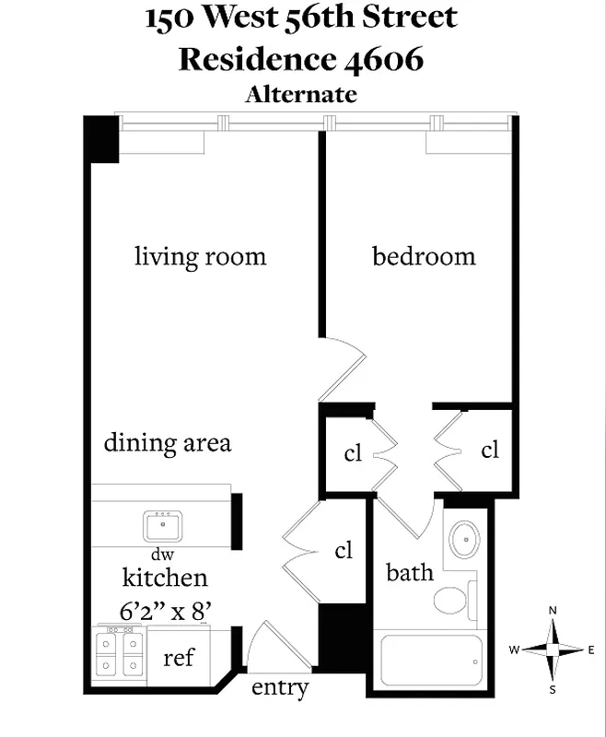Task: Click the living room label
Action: pyautogui.click(x=200, y=256)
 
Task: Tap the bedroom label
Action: pyautogui.click(x=424, y=256)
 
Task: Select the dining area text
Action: pyautogui.click(x=167, y=442)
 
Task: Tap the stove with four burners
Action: pyautogui.click(x=121, y=652)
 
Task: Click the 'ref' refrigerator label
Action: pyautogui.click(x=179, y=658)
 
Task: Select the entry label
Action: pyautogui.click(x=279, y=687)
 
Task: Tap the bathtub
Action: pyautogui.click(x=427, y=661)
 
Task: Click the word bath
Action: pyautogui.click(x=409, y=572)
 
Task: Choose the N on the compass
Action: pyautogui.click(x=553, y=611)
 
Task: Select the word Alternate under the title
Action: pyautogui.click(x=300, y=94)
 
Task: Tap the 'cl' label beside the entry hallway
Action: pyautogui.click(x=344, y=550)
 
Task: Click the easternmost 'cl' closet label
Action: pyautogui.click(x=490, y=450)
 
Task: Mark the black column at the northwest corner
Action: pyautogui.click(x=101, y=138)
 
